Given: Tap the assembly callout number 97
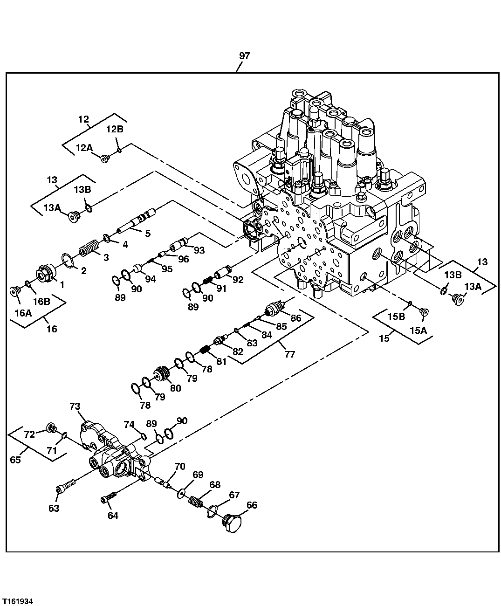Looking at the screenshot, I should (x=245, y=56).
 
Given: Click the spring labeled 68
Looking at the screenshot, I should (x=196, y=503).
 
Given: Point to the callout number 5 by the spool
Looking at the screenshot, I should (x=148, y=234).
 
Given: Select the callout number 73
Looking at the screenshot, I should (x=75, y=406).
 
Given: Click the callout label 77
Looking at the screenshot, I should (x=290, y=354).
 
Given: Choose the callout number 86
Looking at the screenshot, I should (x=296, y=318).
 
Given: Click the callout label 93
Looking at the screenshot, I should (x=199, y=250).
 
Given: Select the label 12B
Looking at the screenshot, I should (x=115, y=129).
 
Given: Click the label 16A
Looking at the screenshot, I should (x=23, y=314).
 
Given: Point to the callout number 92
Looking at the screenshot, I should (x=238, y=280).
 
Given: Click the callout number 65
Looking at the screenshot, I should (x=15, y=460).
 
